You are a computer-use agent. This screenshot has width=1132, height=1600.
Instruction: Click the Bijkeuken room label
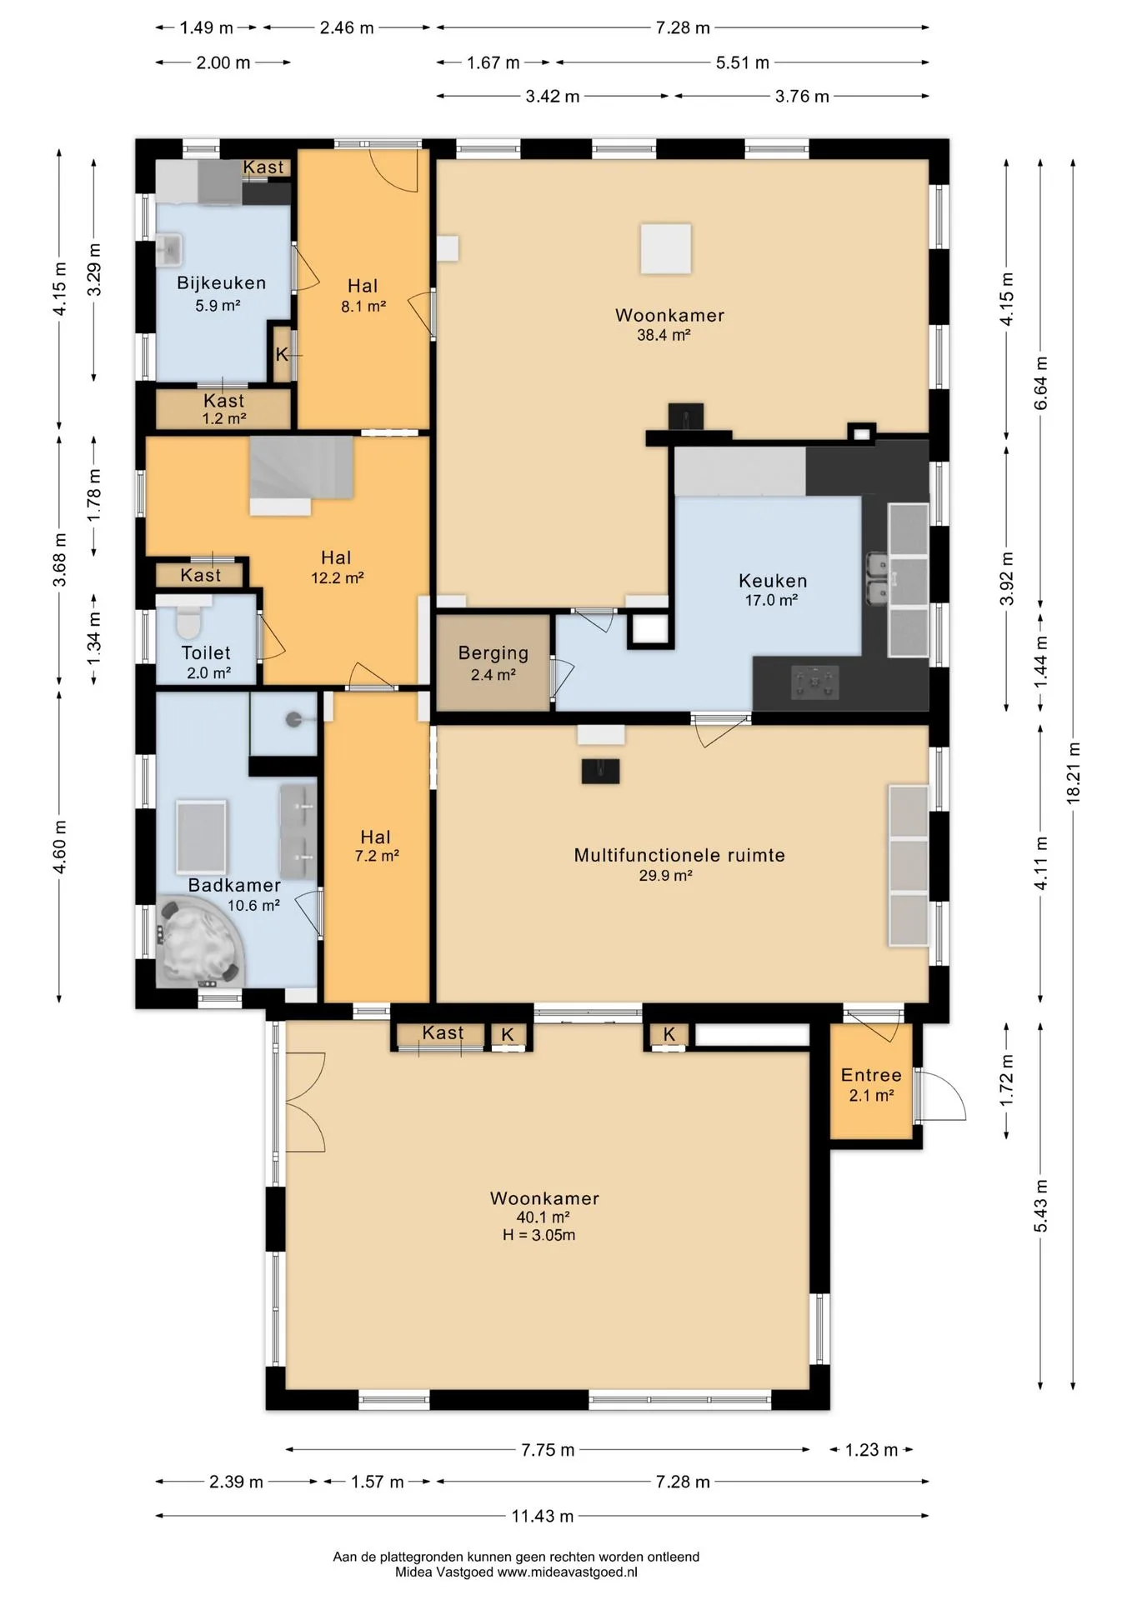[221, 283]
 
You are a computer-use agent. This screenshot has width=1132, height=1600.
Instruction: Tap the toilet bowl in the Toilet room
[189, 620]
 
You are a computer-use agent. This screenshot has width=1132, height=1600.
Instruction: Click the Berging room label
[493, 653]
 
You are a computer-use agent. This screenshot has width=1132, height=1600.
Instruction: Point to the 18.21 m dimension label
[1074, 773]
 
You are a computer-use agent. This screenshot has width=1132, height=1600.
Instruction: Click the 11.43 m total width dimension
[543, 1516]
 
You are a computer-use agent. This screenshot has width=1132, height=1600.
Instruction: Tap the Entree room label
[871, 1075]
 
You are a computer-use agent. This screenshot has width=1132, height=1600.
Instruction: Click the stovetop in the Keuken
[814, 682]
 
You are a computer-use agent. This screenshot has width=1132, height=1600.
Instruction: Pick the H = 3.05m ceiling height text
[538, 1235]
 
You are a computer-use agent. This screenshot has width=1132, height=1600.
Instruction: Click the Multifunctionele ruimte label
[679, 855]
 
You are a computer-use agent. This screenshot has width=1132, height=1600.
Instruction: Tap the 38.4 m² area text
[664, 335]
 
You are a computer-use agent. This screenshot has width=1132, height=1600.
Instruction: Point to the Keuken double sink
[877, 579]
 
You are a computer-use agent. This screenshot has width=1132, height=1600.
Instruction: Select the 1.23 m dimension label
[871, 1450]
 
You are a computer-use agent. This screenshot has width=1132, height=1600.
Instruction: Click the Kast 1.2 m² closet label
[224, 409]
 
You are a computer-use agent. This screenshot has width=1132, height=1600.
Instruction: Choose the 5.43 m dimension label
[1041, 1206]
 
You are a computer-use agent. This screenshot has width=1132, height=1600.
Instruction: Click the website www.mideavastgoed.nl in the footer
[568, 1572]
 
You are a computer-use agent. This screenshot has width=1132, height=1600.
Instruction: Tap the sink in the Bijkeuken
[170, 250]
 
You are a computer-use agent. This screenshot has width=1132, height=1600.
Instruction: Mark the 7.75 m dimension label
[548, 1450]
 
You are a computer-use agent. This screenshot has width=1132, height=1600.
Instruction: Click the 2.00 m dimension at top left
[223, 62]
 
